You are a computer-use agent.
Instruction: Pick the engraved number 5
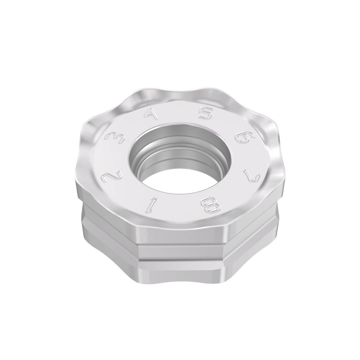click(x=206, y=114)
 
